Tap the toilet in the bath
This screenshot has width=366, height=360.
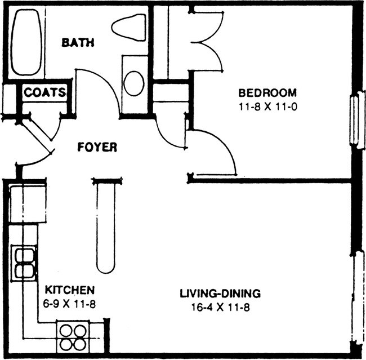click(x=131, y=27)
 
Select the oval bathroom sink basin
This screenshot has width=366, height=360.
click(x=134, y=83)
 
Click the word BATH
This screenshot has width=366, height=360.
click(x=78, y=43)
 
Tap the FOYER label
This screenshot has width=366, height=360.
click(x=97, y=148)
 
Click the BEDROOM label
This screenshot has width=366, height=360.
click(x=267, y=93)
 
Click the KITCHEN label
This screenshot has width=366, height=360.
click(x=69, y=290)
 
